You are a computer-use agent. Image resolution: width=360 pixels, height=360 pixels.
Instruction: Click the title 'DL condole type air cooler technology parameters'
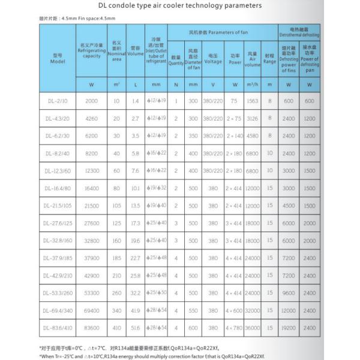point(180,5)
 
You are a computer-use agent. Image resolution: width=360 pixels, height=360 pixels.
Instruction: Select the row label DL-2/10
point(58,101)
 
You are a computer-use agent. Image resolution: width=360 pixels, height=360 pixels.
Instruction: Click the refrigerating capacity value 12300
point(91,171)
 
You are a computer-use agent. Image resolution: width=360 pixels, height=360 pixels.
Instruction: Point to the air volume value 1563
point(253,101)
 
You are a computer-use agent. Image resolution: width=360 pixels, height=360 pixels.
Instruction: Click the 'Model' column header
point(58,58)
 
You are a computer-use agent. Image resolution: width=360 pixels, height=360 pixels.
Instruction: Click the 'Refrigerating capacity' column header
point(91,51)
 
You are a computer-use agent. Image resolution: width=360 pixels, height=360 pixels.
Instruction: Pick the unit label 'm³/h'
point(253,84)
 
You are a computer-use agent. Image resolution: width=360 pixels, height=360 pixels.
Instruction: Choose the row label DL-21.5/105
point(58,206)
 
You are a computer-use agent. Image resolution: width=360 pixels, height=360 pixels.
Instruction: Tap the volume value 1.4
point(135,101)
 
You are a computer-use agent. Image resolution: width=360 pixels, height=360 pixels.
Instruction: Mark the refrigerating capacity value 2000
point(91,101)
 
